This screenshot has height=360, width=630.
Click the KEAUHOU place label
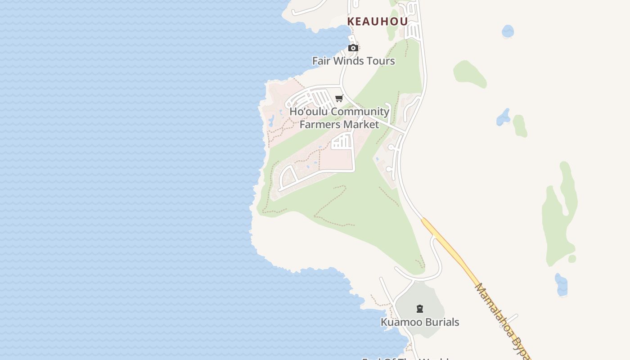(378, 21)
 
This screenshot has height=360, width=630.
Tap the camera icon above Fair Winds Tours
(353, 48)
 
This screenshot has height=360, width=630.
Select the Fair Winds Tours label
(354, 61)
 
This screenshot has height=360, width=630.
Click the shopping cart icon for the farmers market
(339, 99)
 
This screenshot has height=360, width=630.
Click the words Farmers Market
(339, 124)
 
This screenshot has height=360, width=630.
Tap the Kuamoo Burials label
(420, 322)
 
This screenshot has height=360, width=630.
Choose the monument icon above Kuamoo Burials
(420, 309)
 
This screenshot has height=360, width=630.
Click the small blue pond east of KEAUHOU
(508, 31)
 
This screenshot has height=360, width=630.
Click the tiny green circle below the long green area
(572, 259)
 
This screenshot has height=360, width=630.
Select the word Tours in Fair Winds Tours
(381, 61)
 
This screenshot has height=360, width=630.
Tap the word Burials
(443, 322)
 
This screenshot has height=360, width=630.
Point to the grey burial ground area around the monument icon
(427, 297)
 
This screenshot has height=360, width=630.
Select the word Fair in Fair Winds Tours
(321, 61)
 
